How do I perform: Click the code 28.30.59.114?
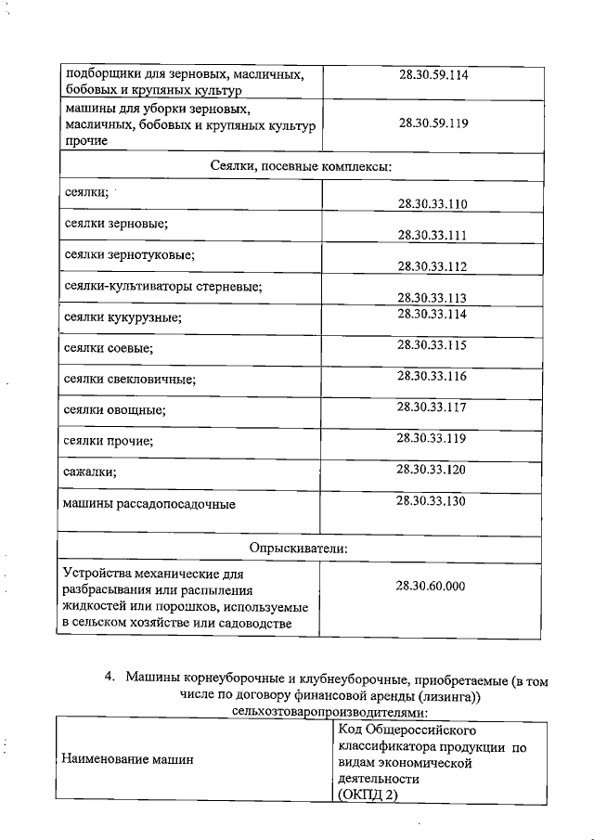click(432, 75)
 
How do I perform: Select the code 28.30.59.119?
click(432, 122)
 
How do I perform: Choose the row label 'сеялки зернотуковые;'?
click(129, 254)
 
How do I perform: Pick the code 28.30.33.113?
click(432, 298)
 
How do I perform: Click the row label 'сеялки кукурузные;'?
click(123, 317)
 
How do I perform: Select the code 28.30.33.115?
click(432, 345)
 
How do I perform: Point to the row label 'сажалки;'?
click(90, 472)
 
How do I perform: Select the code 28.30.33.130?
click(432, 500)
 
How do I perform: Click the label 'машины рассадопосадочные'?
click(148, 505)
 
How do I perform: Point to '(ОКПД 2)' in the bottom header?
click(368, 797)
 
